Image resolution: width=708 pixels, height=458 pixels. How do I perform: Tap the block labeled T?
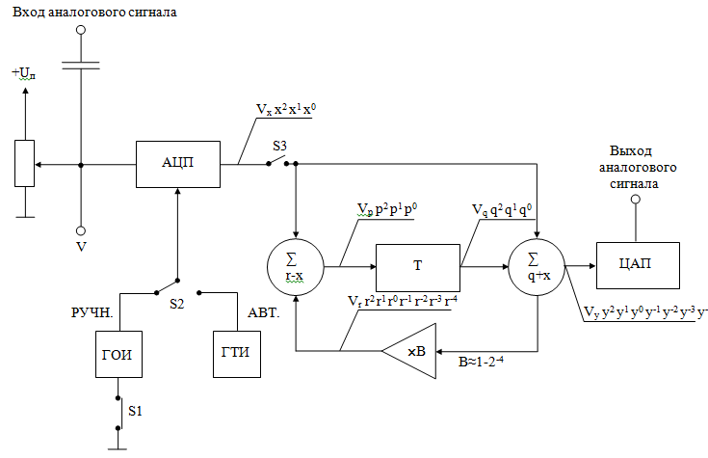point(417,264)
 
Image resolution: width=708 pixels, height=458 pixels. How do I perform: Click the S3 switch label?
point(280,146)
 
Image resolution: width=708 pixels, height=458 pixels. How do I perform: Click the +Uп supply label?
point(25,73)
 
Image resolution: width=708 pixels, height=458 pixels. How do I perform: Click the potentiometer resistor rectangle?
point(25,164)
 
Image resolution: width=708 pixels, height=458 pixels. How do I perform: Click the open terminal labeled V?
point(81,231)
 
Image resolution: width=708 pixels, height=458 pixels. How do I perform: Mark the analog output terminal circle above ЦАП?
point(635,200)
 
